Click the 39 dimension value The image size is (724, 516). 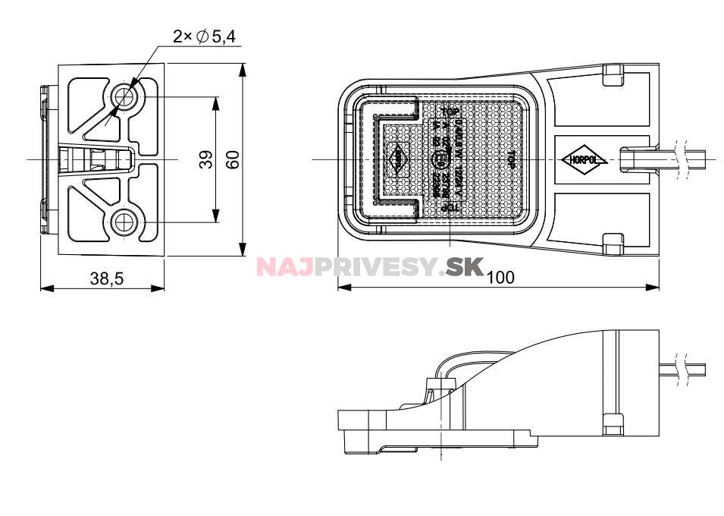[x=205, y=159]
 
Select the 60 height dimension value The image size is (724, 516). [x=232, y=159]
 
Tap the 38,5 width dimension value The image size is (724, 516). [x=106, y=278]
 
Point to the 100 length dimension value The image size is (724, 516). [x=500, y=278]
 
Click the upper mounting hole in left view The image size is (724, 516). [x=123, y=96]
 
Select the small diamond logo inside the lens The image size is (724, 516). [x=397, y=159]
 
